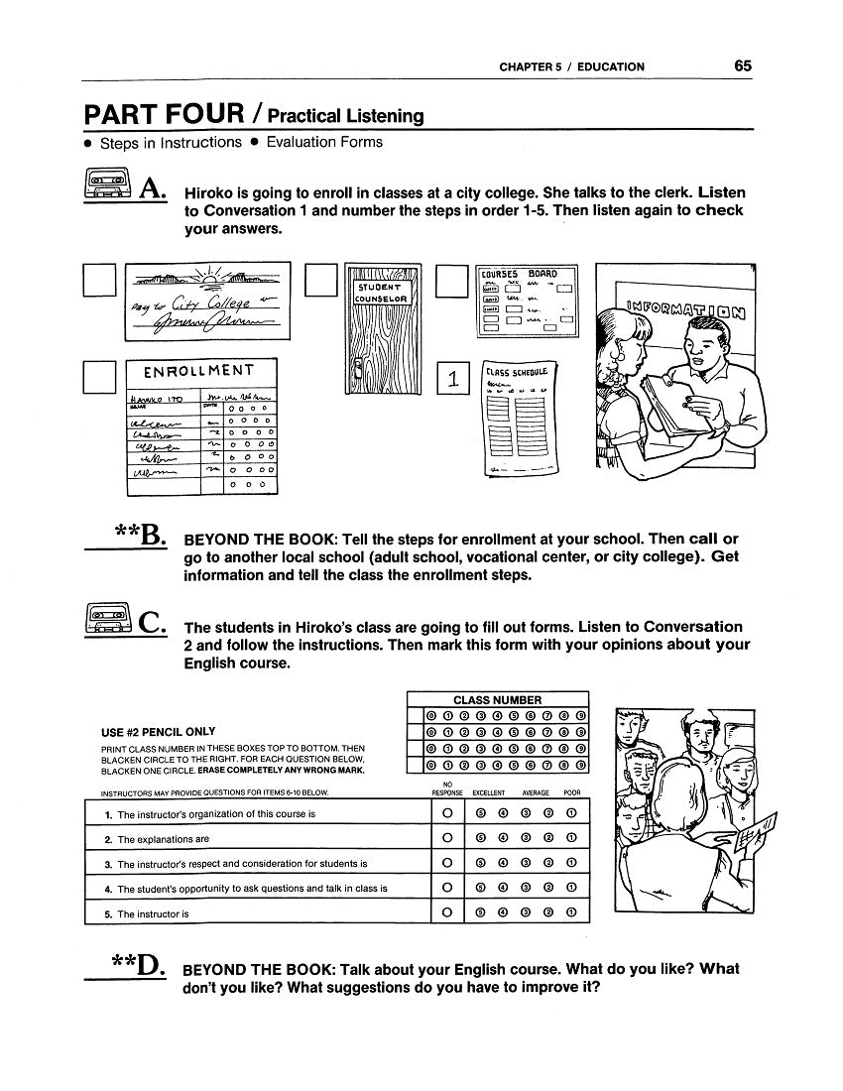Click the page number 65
click(743, 66)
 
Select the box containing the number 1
click(452, 378)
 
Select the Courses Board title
click(518, 274)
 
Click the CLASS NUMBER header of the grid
click(497, 699)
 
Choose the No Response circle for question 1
click(447, 813)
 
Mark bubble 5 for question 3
click(481, 863)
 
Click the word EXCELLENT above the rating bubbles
click(489, 793)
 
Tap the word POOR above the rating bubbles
click(572, 793)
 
